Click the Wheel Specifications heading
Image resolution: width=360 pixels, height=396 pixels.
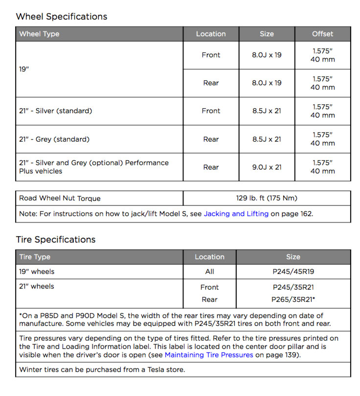61,17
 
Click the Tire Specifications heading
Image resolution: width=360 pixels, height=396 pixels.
55,240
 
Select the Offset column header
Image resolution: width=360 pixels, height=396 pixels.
322,34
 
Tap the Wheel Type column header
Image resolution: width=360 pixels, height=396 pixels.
39,34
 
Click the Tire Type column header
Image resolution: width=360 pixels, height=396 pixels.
35,257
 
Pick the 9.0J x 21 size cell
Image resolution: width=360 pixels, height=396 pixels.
267,167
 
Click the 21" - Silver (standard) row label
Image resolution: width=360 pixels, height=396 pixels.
55,111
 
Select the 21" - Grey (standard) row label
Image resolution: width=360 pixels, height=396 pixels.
54,139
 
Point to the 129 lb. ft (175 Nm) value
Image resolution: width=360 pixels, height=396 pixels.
267,198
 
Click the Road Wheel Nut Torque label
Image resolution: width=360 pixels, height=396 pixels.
60,198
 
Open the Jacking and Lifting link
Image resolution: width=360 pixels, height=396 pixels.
236,214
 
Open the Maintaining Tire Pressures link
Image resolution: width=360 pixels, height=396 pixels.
209,355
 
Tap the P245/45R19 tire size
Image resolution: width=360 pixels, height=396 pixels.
293,272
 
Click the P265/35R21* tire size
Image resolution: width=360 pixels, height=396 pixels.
293,299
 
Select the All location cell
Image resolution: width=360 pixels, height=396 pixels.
209,272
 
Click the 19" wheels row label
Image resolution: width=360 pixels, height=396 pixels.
37,272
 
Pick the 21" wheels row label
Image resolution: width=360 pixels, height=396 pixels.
37,286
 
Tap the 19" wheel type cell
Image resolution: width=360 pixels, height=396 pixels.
24,69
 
